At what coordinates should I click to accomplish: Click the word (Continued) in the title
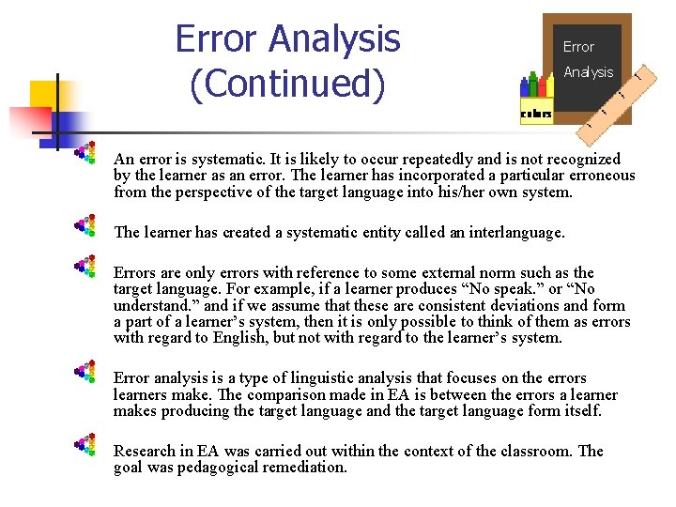(287, 84)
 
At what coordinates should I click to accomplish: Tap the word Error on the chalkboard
(578, 46)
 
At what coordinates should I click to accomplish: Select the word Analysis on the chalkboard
(588, 72)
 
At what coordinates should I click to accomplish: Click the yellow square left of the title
(44, 95)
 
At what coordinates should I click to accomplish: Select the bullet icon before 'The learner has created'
(85, 226)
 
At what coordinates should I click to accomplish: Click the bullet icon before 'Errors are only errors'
(85, 268)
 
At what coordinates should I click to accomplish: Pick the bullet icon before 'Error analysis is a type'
(85, 373)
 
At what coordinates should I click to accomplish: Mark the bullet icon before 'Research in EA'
(85, 445)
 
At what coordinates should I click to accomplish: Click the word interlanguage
(518, 231)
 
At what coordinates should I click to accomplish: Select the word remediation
(304, 467)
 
